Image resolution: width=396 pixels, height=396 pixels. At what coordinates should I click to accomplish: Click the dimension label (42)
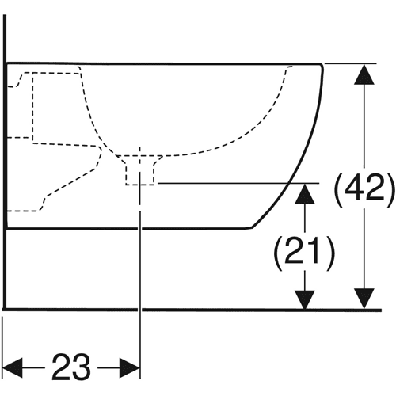click(x=364, y=187)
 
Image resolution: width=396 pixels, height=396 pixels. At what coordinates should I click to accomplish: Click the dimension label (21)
click(x=304, y=249)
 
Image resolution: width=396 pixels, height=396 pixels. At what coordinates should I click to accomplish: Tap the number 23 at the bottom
click(x=71, y=367)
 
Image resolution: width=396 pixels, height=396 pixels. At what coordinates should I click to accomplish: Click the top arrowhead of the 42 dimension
click(x=364, y=74)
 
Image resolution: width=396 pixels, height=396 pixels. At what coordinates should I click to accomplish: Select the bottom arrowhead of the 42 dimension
click(x=364, y=299)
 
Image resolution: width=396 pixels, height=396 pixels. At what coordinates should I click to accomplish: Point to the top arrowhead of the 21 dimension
click(x=305, y=194)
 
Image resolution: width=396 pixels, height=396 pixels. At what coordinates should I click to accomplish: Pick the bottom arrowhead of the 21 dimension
click(x=305, y=299)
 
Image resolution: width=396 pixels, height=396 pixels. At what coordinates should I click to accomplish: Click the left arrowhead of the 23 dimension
click(x=12, y=367)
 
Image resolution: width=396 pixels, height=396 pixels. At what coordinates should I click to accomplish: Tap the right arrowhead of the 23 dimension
click(x=130, y=367)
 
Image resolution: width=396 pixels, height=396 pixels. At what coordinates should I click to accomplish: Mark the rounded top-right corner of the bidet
click(x=321, y=66)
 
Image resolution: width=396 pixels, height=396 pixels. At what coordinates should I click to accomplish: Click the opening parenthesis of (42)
click(x=338, y=190)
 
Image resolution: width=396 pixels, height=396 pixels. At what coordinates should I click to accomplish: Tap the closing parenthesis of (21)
click(x=331, y=253)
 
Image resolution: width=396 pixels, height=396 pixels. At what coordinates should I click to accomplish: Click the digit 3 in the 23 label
click(x=82, y=367)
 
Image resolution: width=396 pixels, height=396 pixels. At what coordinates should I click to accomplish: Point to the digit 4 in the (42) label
click(x=354, y=187)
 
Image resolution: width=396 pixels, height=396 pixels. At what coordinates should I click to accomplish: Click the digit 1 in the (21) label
click(x=314, y=249)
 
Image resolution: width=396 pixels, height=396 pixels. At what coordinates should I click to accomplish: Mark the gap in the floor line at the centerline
click(x=140, y=310)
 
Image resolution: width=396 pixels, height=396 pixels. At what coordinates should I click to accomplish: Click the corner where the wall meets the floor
click(x=5, y=310)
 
